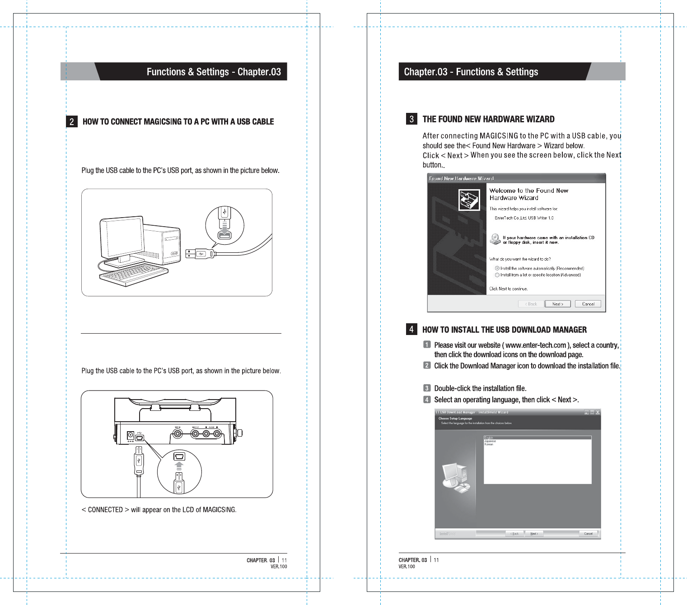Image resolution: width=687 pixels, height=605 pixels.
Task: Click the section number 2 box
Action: coord(71,121)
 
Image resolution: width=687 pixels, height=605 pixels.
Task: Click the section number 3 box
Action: coord(411,119)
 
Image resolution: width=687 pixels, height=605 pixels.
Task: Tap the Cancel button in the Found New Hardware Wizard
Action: coord(588,304)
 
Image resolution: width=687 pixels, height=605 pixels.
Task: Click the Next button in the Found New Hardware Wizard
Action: coord(557,304)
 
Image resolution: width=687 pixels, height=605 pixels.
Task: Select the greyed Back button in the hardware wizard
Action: coord(531,304)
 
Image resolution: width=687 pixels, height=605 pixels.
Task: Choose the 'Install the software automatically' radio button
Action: coord(497,268)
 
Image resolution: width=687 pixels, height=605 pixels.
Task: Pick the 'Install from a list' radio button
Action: coord(497,275)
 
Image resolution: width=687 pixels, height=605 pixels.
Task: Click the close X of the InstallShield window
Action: coord(598,412)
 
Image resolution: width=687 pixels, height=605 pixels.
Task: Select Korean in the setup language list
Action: coord(489,444)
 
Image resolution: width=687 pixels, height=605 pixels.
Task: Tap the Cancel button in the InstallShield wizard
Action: coord(588,534)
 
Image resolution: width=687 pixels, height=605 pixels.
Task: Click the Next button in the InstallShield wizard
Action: coord(534,534)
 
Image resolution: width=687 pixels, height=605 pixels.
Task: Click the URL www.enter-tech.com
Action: coord(536,345)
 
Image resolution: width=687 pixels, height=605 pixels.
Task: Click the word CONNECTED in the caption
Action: coord(105,510)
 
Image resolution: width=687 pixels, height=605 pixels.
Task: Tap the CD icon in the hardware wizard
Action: coord(495,239)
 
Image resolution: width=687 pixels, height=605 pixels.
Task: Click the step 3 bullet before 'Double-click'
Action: coord(427,388)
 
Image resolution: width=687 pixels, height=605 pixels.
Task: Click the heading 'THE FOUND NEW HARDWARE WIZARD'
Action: coord(488,119)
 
